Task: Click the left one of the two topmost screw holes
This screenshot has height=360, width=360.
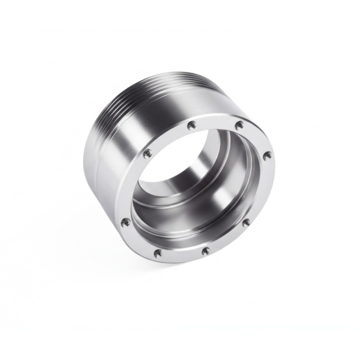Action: pos(192,125)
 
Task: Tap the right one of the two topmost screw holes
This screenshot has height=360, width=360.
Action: pos(239,125)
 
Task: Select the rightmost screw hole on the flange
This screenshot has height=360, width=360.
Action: pos(267,156)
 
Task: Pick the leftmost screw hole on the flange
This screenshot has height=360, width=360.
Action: pos(125,221)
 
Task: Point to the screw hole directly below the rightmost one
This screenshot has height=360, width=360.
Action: pos(246,222)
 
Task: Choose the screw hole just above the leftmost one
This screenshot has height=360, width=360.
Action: pos(147,154)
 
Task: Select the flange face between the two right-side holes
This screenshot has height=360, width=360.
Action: pos(261,191)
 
